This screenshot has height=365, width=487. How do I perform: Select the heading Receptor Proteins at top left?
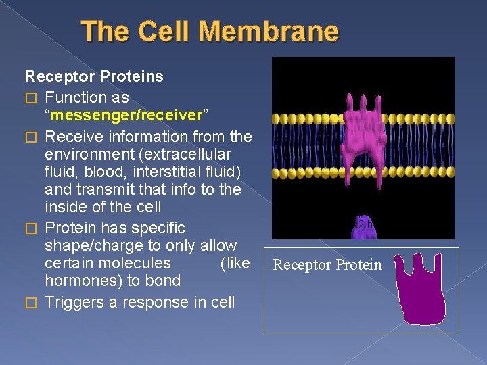tap(94, 76)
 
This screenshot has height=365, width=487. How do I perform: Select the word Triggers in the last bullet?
tap(74, 302)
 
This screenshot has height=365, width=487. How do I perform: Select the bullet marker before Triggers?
tap(29, 303)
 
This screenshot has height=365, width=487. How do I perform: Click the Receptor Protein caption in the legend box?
tap(327, 265)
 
